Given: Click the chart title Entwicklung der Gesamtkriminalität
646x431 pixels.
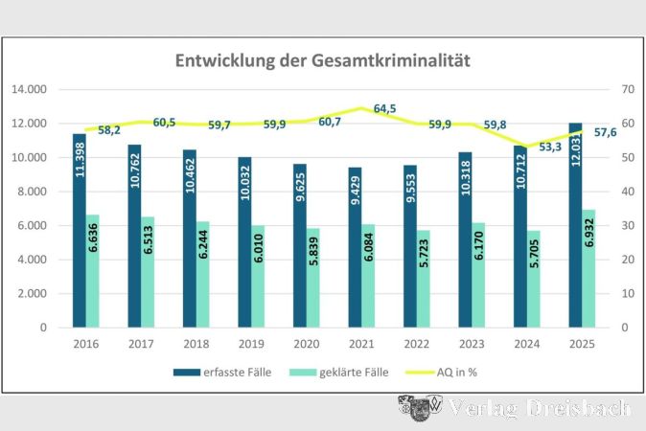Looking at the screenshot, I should pos(322,60).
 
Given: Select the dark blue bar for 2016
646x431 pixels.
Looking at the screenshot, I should pos(80,230).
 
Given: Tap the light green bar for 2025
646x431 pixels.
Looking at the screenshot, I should pos(588,268).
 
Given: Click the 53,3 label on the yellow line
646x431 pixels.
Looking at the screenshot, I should pos(549,147).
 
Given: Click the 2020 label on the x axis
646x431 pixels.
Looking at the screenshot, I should pos(306,342).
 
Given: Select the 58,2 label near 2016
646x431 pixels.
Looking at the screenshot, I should pos(108,129).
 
